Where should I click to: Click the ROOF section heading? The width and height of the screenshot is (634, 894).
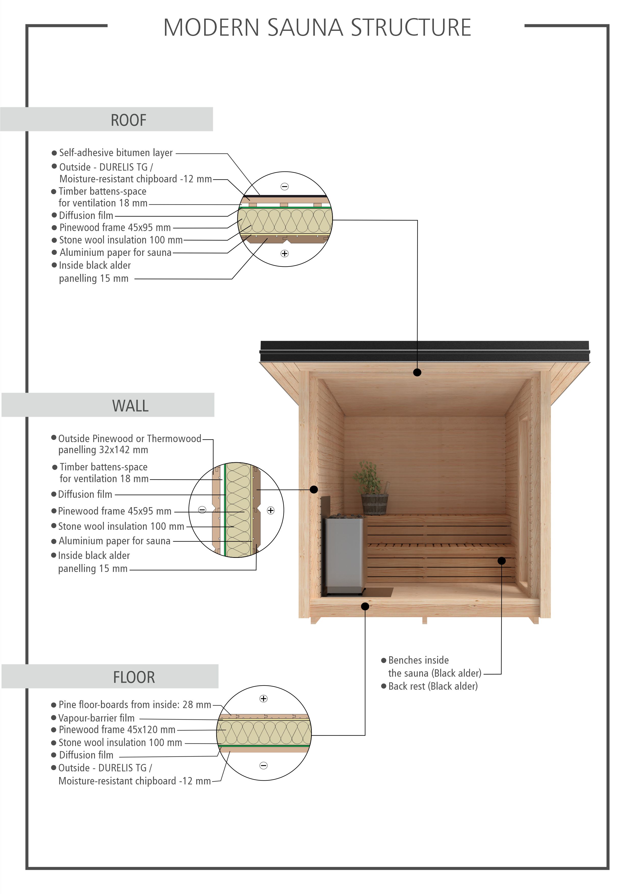click(128, 120)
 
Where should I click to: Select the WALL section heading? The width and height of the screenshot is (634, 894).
click(130, 406)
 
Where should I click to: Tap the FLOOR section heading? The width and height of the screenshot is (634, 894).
click(134, 677)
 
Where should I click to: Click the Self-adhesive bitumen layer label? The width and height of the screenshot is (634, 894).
click(116, 153)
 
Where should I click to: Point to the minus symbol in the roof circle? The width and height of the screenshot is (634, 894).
click(284, 187)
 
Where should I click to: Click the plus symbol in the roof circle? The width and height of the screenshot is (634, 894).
click(284, 254)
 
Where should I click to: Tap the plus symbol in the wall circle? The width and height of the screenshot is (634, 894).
click(270, 510)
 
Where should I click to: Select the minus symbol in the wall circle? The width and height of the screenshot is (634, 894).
click(202, 510)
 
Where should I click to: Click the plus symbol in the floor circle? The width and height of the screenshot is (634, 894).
click(264, 699)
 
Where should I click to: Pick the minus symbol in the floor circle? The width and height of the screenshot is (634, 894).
click(264, 766)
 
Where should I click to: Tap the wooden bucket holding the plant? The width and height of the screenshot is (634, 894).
click(375, 504)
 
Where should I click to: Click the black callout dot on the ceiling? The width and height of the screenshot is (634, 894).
click(417, 372)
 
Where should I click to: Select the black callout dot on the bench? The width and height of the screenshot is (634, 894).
click(502, 561)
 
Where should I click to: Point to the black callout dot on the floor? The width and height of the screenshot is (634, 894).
click(365, 606)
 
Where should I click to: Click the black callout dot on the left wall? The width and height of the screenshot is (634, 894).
click(314, 489)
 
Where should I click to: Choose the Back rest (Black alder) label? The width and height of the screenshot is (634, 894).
click(433, 686)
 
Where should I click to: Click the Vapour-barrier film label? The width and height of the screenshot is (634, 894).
click(96, 718)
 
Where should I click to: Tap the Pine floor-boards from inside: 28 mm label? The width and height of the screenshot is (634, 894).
click(135, 704)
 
